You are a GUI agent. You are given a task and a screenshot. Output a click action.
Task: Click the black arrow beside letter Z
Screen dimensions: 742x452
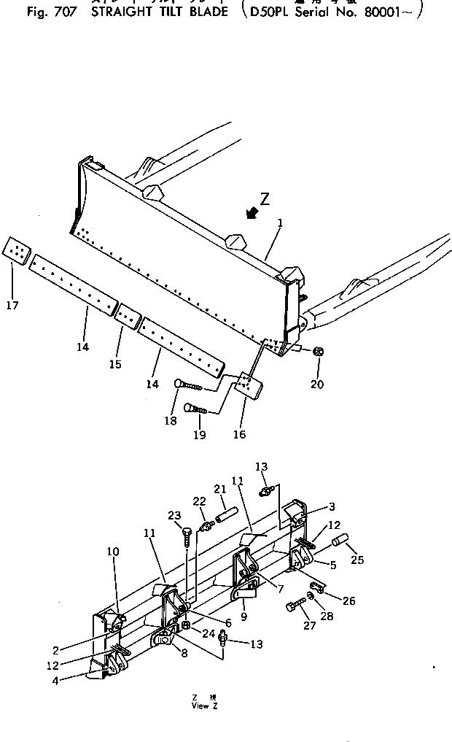[253, 212]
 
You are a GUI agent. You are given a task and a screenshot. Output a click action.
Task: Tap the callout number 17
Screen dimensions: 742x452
[12, 305]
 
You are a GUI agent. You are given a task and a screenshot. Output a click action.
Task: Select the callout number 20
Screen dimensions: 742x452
[317, 384]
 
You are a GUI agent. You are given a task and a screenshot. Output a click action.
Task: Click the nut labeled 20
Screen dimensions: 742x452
[318, 352]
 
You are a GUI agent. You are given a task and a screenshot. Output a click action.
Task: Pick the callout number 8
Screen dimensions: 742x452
[184, 654]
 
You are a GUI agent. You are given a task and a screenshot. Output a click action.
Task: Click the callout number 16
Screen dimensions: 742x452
[239, 434]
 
